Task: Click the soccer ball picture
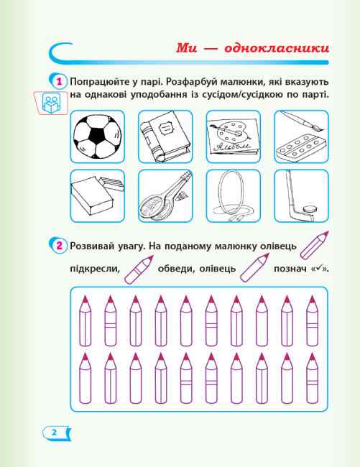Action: point(98,137)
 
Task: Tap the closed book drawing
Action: point(165,137)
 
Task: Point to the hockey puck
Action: point(308,209)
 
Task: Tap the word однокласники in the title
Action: point(277,48)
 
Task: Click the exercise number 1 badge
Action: point(59,81)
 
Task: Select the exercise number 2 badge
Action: point(59,246)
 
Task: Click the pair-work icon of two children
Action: point(51,103)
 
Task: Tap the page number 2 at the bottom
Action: point(54,432)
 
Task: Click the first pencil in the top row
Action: point(86,320)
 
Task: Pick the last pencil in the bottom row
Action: point(313,378)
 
